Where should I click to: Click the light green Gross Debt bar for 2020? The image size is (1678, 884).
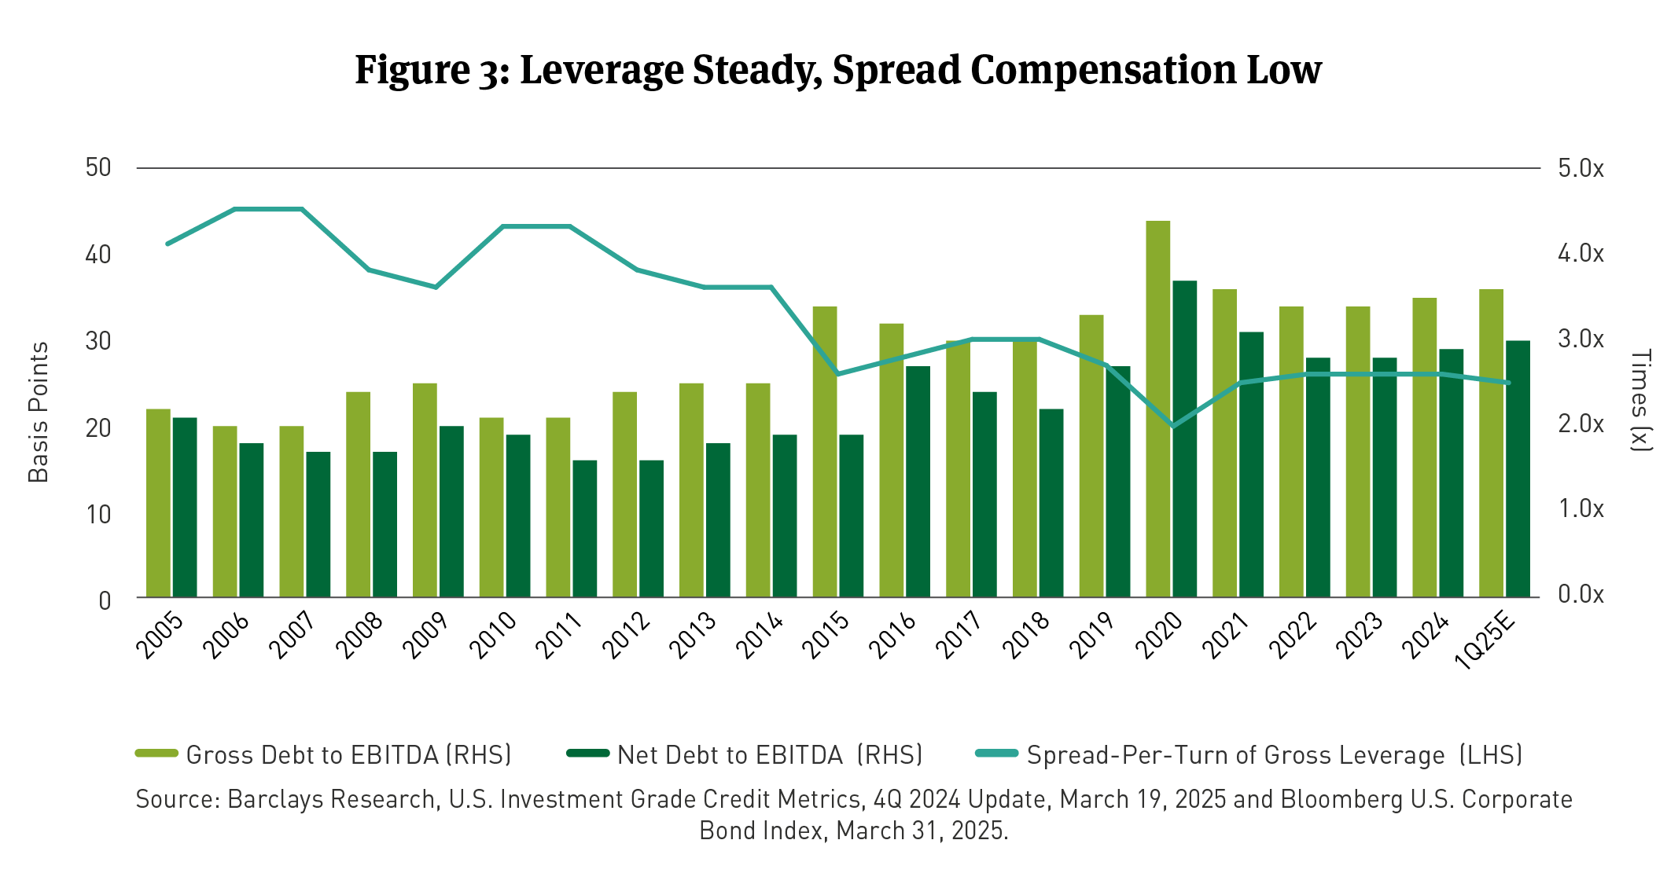[1157, 409]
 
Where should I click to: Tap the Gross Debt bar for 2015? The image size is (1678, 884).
[824, 452]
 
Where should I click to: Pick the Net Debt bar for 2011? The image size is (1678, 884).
[584, 528]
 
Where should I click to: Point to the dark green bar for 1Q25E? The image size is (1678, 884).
[1518, 468]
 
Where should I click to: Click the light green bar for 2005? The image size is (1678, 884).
[158, 503]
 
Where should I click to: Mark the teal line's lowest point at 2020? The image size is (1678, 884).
[1172, 426]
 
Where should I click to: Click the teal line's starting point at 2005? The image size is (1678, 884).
[167, 244]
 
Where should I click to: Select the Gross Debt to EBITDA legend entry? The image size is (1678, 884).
[323, 754]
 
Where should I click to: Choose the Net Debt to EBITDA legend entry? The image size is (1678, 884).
[744, 754]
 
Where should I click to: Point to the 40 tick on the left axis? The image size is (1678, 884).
[98, 255]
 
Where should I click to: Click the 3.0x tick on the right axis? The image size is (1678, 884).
[1580, 339]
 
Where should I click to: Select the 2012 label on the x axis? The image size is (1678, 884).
[627, 635]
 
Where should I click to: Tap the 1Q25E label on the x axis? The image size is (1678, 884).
[1485, 641]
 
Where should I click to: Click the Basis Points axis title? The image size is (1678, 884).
[39, 412]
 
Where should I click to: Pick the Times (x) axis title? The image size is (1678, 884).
[1640, 401]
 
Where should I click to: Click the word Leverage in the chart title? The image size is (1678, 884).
[602, 70]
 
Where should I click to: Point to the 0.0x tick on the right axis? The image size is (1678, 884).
[1580, 594]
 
